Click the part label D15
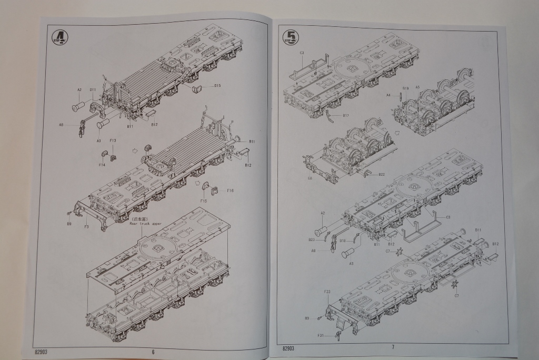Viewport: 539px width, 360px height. (217, 86)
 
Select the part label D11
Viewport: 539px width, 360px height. (93, 89)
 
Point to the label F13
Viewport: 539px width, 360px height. (113, 141)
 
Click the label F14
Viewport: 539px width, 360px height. (102, 165)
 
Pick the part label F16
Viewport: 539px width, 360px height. (230, 191)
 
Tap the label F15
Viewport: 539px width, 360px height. (204, 201)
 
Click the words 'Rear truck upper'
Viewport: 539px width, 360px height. (146, 224)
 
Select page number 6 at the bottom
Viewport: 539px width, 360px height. (153, 352)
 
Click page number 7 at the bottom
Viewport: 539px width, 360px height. (393, 346)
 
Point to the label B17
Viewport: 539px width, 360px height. (346, 115)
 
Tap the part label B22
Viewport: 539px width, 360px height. (382, 174)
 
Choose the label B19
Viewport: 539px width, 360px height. (405, 88)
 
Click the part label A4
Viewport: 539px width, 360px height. (388, 95)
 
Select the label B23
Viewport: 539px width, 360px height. (312, 240)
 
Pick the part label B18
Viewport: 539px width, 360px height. (343, 241)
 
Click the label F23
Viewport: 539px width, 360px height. (327, 291)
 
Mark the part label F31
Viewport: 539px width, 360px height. (320, 335)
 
